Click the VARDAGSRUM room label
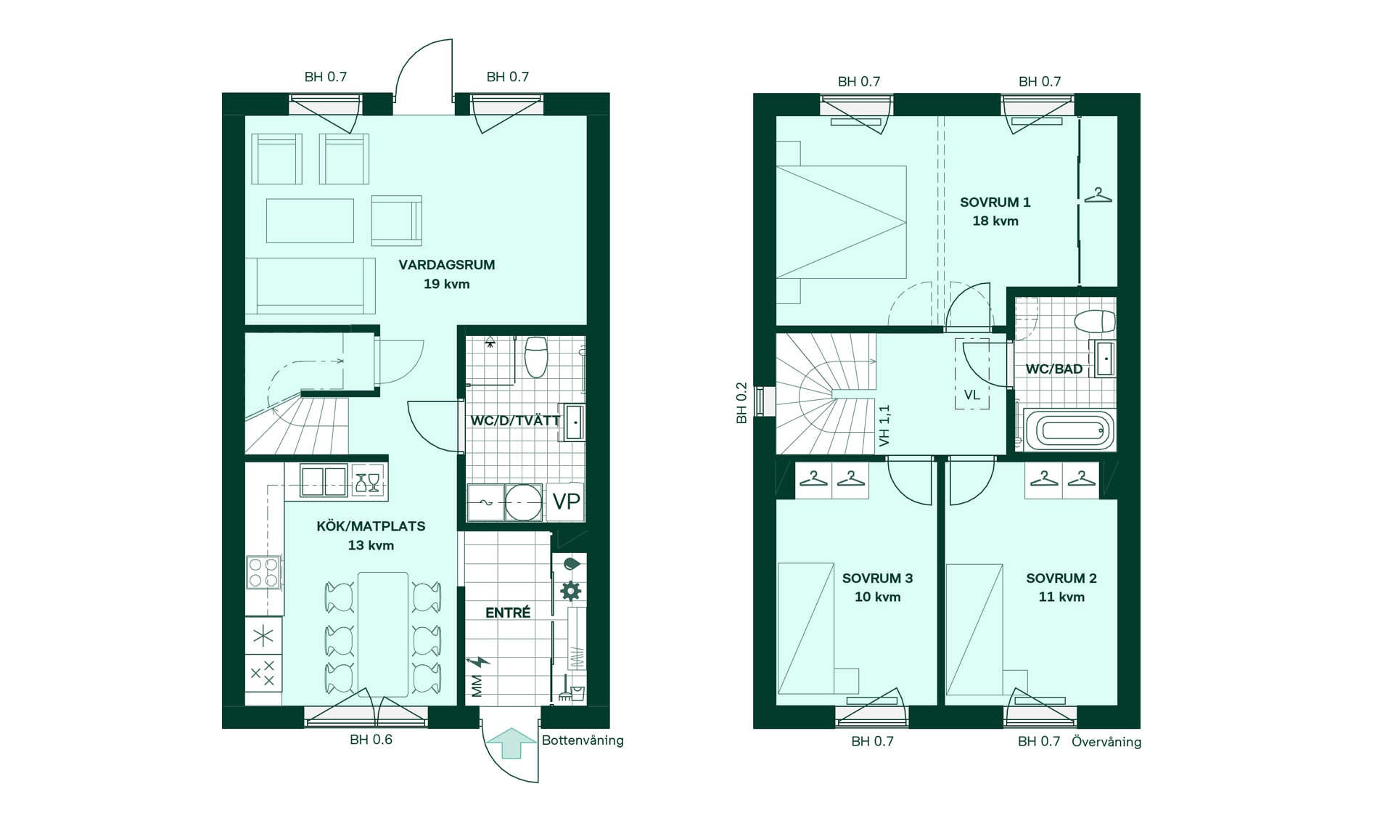tap(447, 265)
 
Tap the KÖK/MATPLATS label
tap(371, 526)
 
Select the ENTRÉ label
tap(508, 613)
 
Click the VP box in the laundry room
tap(566, 502)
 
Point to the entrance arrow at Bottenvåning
tap(511, 743)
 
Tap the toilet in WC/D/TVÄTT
tap(536, 356)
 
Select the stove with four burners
tap(263, 572)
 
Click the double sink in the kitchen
tap(324, 481)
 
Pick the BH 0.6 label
tap(371, 740)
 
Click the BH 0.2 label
tap(741, 403)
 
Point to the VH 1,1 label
tap(884, 425)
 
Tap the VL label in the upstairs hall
tap(972, 396)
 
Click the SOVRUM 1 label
tap(995, 203)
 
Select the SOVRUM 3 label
tap(878, 579)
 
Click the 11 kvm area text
tap(1061, 597)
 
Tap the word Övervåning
tap(1106, 742)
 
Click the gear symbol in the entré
tap(571, 590)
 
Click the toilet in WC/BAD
tap(1095, 321)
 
